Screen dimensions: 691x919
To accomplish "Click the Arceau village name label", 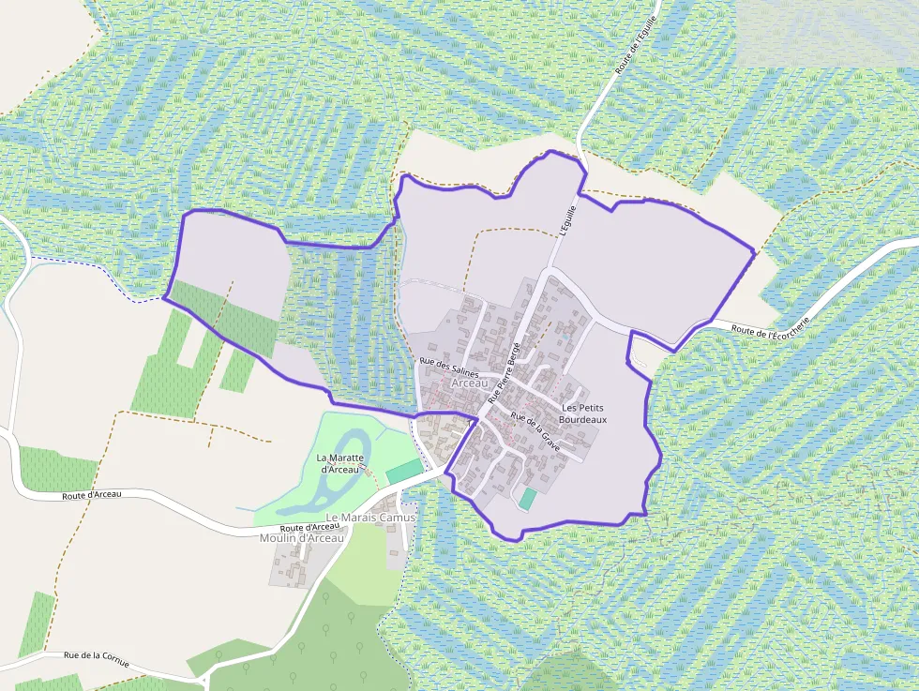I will [470, 383].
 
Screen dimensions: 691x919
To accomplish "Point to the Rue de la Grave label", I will [535, 430].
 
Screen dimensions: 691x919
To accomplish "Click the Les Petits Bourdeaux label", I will [582, 413].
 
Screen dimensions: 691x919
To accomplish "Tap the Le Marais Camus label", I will [369, 518].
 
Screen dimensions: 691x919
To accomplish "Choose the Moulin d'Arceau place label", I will [302, 537].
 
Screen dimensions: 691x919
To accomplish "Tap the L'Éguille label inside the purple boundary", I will [565, 221].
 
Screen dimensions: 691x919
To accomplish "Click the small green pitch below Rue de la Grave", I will [528, 499].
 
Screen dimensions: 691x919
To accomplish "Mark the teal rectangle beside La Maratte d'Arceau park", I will [404, 472].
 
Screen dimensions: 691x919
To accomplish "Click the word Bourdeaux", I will [582, 420].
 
